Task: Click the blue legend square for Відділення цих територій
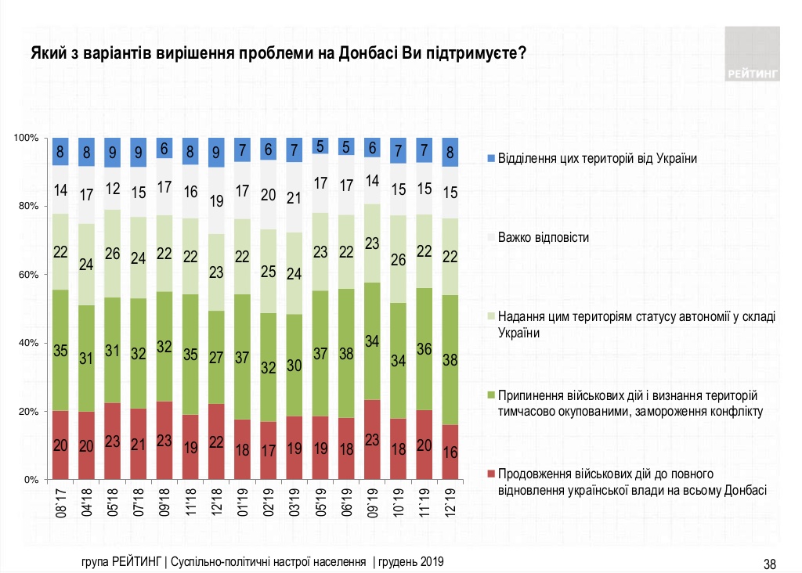(490, 158)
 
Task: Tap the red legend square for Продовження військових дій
(490, 474)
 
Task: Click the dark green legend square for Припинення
(490, 395)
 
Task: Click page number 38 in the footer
(770, 563)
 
